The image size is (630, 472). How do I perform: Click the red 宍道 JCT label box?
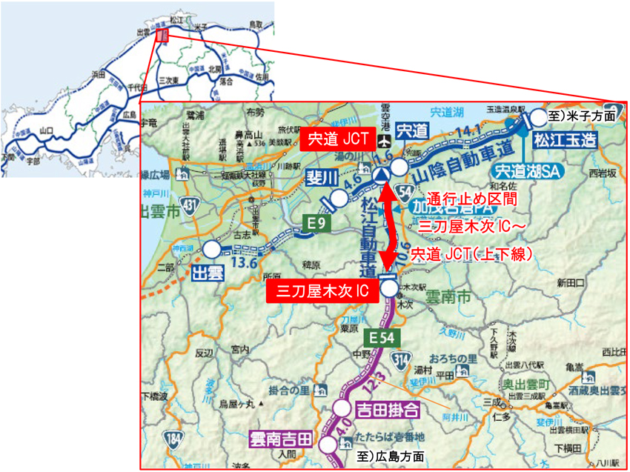pyautogui.click(x=337, y=137)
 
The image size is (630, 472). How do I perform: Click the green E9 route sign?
pyautogui.click(x=316, y=222)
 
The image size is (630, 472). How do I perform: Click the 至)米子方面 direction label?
pyautogui.click(x=582, y=116)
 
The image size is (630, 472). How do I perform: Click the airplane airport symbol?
pyautogui.click(x=384, y=142)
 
